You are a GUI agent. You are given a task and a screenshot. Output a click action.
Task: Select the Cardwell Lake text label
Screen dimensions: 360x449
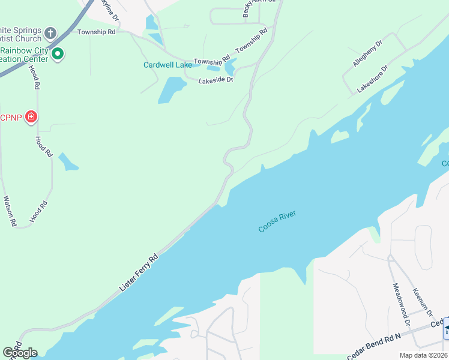[x=167, y=65]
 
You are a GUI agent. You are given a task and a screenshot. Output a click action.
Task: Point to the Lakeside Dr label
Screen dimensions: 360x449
[x=215, y=79]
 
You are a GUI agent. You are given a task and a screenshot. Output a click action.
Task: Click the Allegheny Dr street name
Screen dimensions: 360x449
[x=367, y=53]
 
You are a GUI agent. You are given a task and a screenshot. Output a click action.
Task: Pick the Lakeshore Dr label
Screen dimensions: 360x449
[x=373, y=78]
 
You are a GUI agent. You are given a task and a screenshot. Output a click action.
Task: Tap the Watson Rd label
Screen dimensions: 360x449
[x=10, y=211]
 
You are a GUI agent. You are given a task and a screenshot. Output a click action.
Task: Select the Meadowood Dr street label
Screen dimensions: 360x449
[x=400, y=305]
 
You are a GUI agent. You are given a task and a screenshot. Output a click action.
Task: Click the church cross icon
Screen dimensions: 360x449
[x=50, y=32]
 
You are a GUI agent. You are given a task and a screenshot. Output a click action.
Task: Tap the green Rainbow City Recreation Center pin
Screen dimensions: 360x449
[x=58, y=53]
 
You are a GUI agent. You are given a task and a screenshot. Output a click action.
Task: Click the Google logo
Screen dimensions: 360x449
[x=20, y=352]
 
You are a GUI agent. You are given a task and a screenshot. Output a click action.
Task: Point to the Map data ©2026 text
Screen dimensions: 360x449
[x=423, y=355]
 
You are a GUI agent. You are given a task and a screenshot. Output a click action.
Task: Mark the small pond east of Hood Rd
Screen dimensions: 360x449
[x=68, y=161]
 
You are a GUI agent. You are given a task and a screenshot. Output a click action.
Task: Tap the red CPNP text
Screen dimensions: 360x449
[x=11, y=116]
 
